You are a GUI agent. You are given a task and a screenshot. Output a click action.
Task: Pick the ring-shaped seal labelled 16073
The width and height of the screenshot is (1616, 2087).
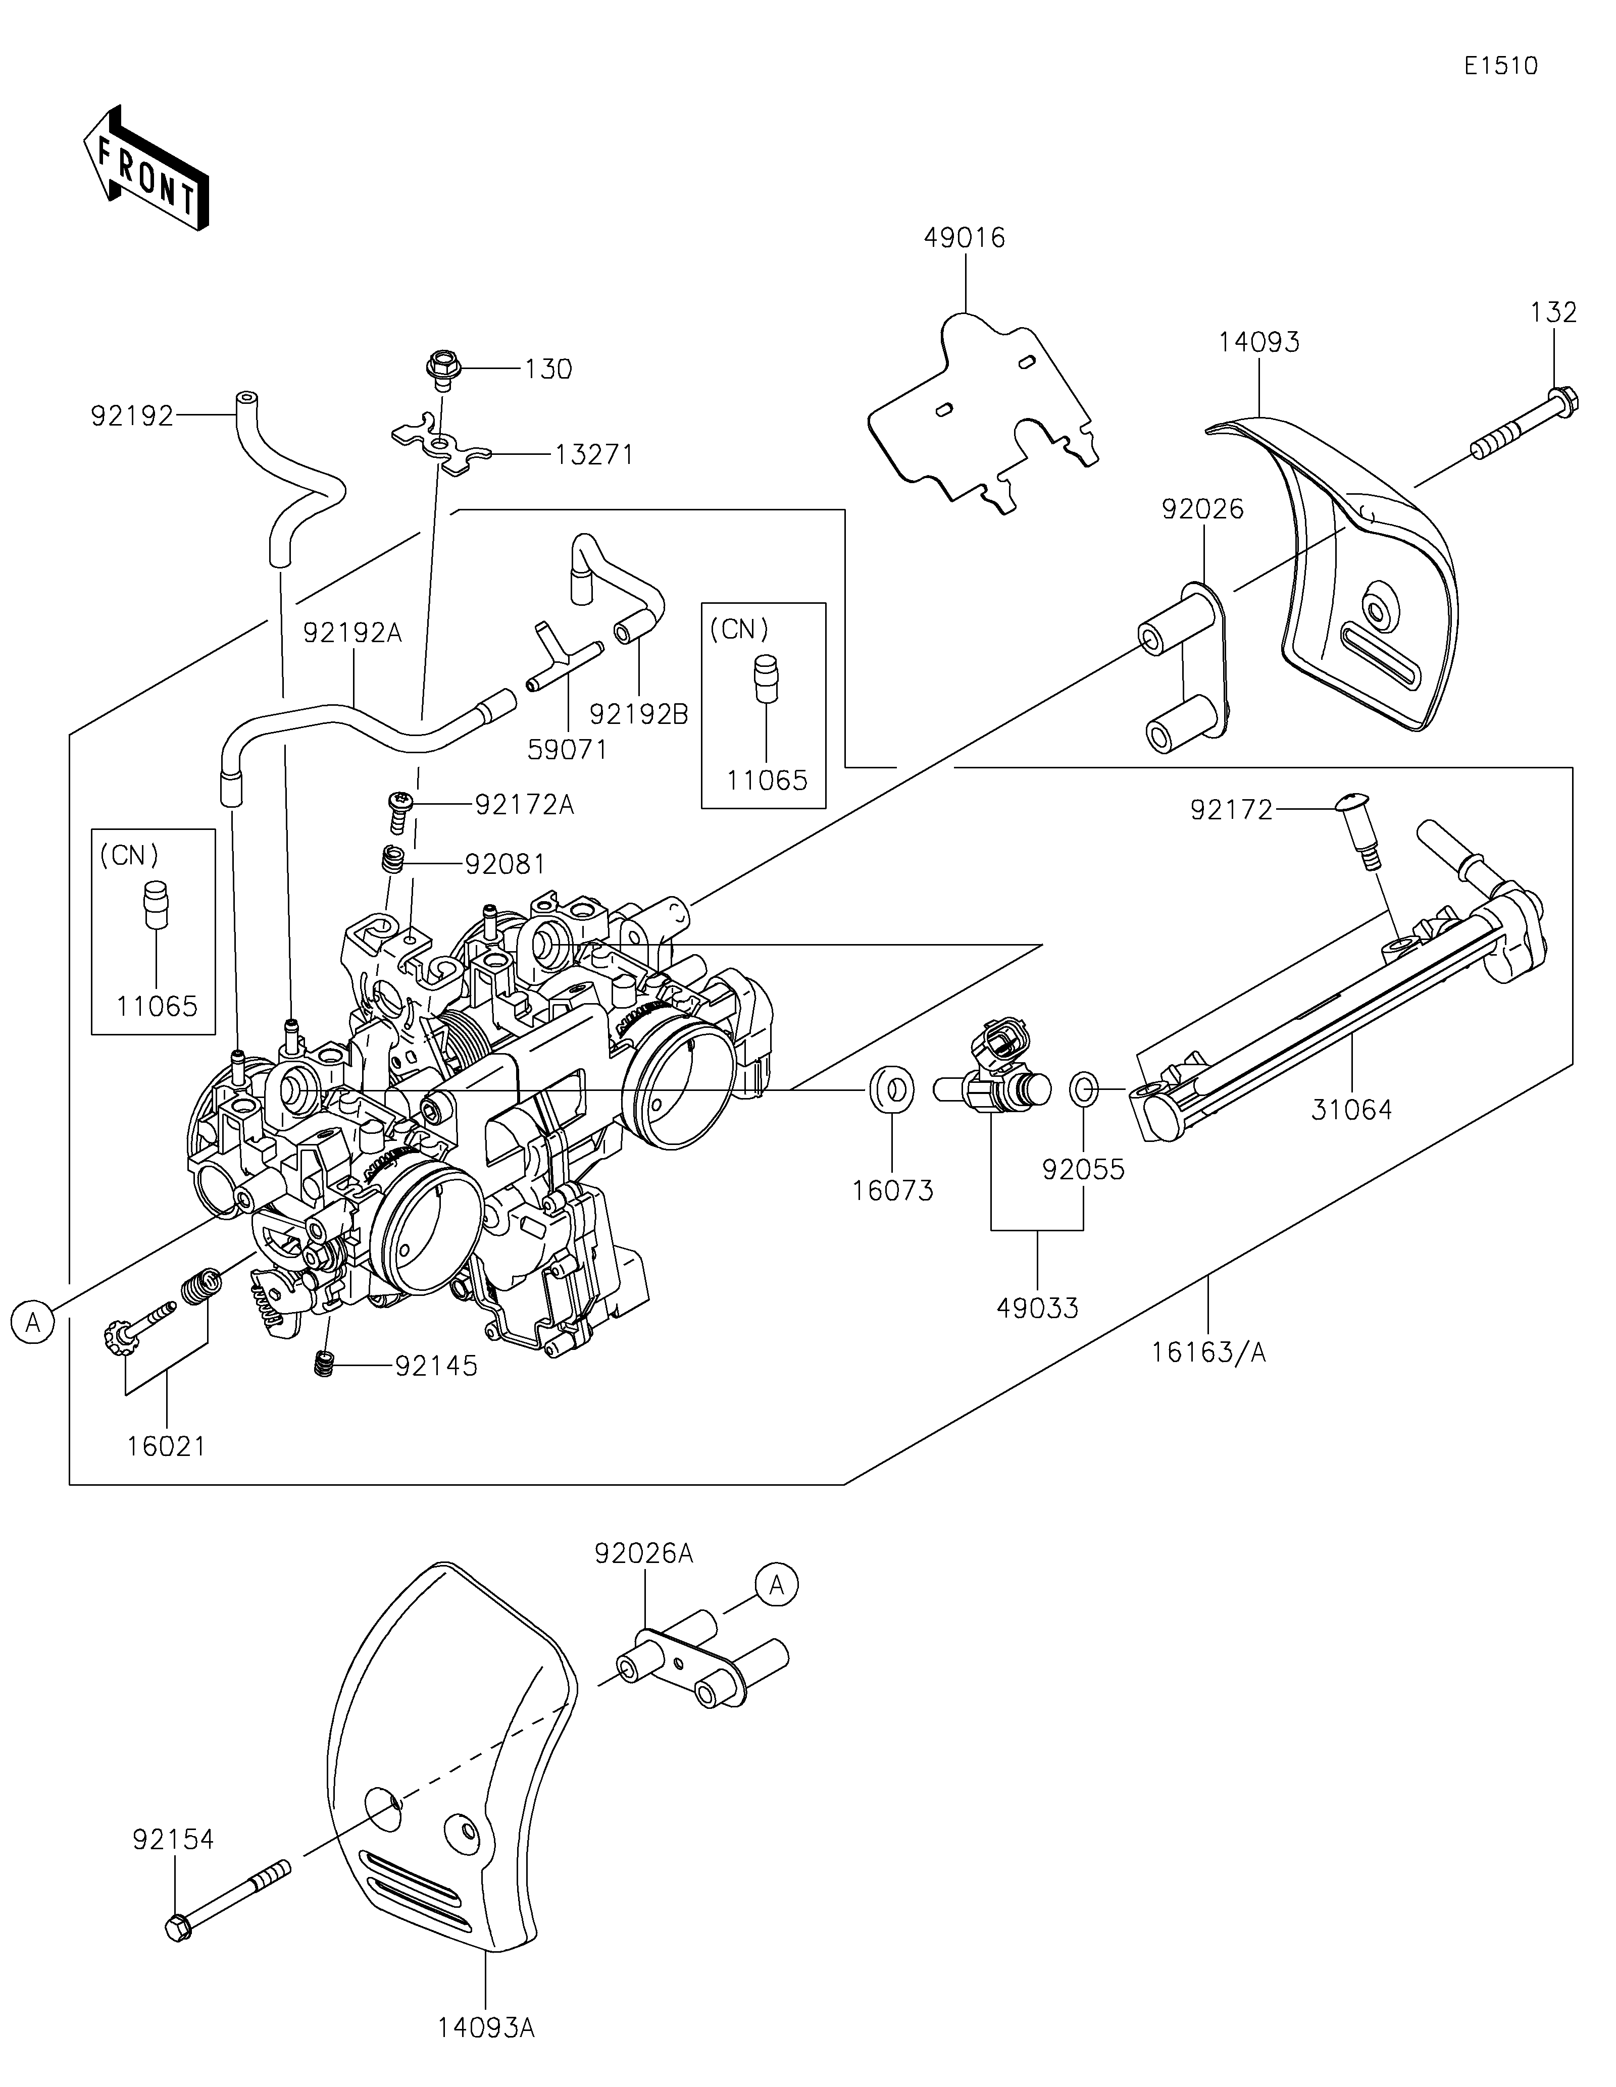coord(891,1089)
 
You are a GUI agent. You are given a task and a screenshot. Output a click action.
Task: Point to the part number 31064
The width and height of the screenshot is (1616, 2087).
coord(1351,1110)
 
